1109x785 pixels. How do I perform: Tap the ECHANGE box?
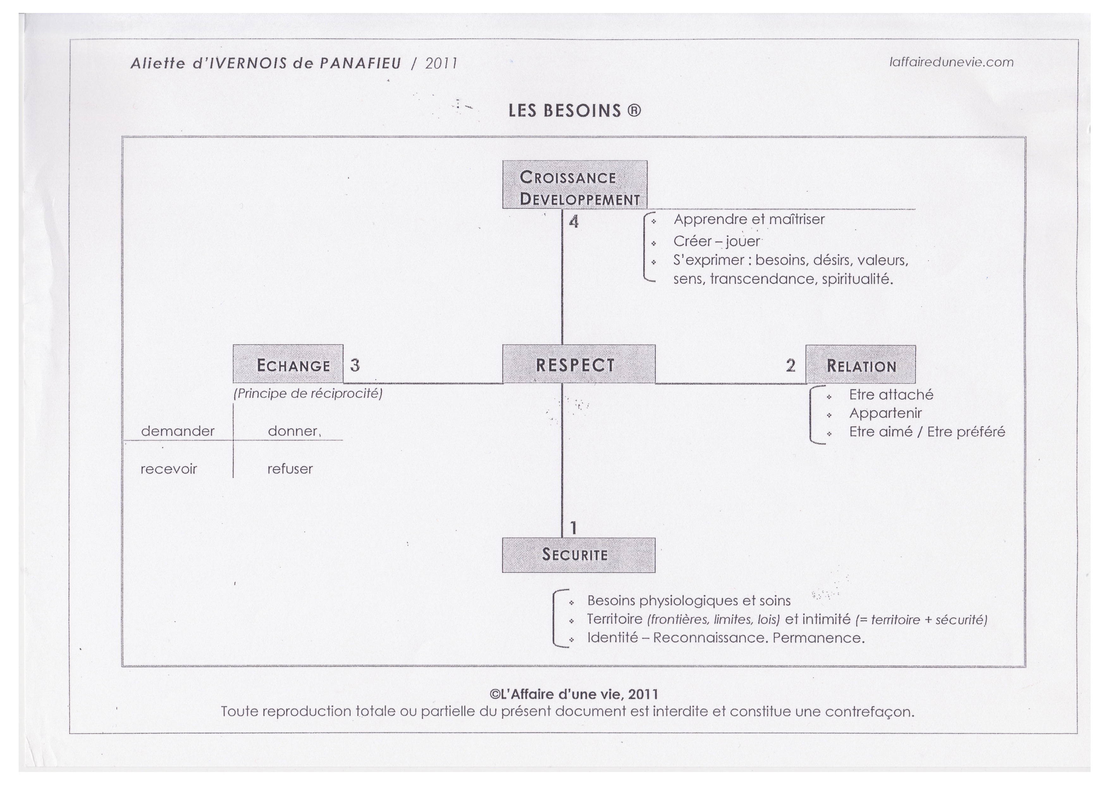coord(288,364)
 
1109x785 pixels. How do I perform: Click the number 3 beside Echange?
coord(355,365)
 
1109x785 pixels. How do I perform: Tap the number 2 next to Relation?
coord(791,365)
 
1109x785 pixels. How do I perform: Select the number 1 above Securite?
coord(573,528)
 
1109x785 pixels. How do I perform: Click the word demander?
coord(177,431)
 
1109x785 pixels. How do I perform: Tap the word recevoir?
coord(169,469)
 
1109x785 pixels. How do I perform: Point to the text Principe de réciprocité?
coord(308,393)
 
